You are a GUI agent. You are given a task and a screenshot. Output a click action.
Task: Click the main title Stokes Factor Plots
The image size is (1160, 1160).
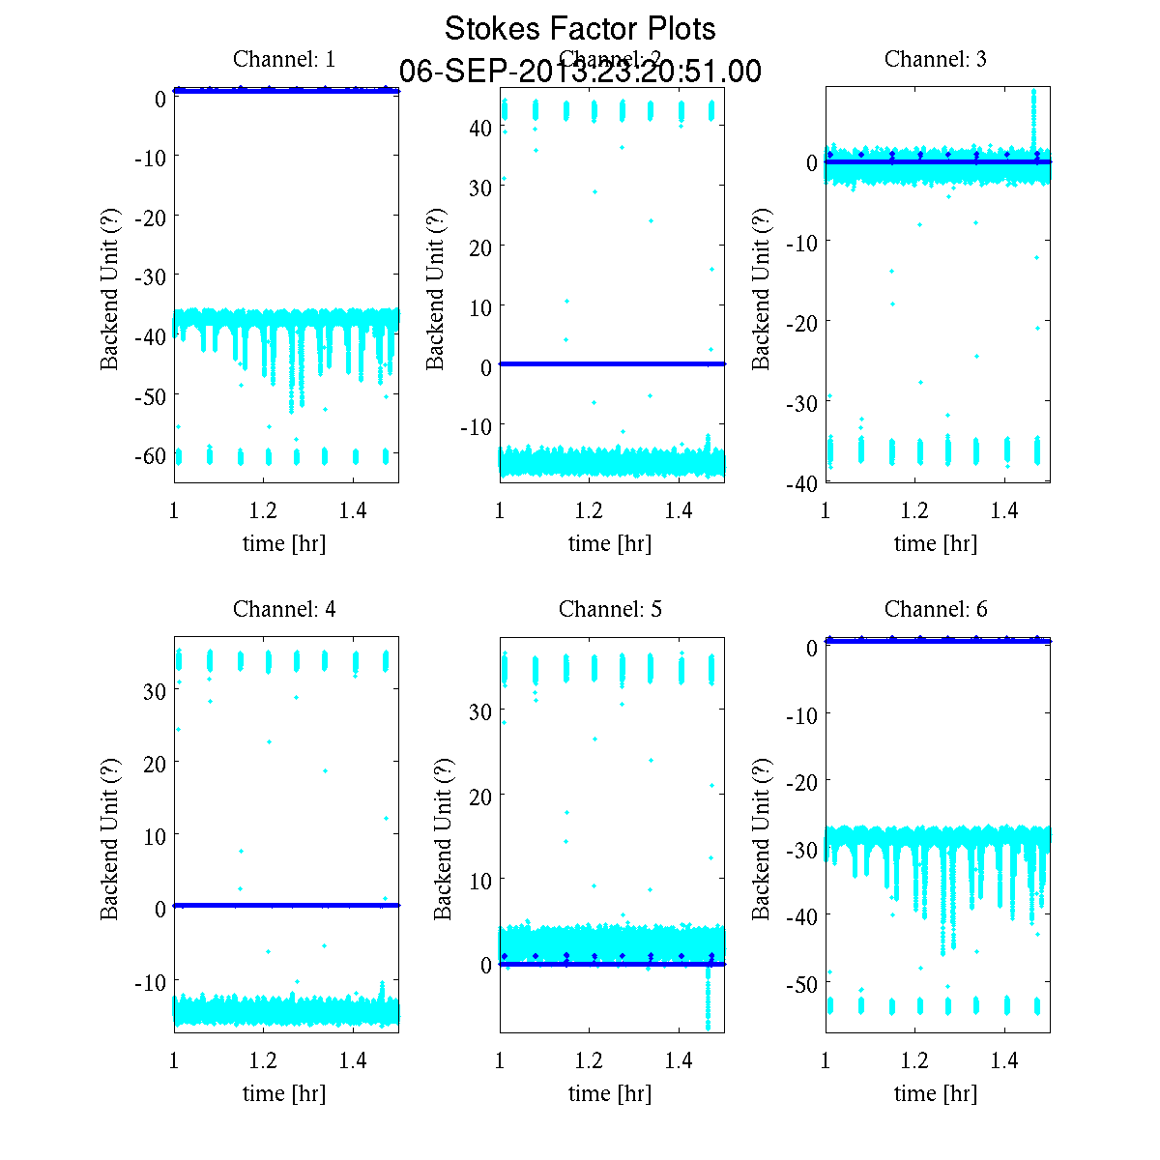(580, 29)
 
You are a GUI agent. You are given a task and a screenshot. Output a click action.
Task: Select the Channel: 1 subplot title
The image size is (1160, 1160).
(284, 59)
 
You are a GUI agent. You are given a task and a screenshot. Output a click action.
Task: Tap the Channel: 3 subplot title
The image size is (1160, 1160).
(936, 59)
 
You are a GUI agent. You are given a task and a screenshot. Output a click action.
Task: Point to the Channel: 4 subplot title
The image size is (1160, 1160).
(284, 609)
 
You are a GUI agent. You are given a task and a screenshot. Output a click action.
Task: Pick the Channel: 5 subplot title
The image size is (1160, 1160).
(610, 609)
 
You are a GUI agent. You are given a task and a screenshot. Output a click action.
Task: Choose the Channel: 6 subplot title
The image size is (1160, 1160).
(936, 609)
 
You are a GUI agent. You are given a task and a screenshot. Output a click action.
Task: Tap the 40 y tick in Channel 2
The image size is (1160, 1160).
(481, 128)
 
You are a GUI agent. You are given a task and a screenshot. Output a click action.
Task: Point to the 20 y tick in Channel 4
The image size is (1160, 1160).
(154, 763)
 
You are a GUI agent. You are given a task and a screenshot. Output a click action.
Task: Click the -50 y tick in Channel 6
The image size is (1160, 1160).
(799, 984)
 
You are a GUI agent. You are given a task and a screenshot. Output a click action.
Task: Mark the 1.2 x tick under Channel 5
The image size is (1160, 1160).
(589, 1060)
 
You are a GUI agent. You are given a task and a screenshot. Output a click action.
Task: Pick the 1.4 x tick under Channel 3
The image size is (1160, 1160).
(1004, 510)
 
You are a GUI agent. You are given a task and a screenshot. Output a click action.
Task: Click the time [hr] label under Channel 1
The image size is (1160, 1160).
(284, 543)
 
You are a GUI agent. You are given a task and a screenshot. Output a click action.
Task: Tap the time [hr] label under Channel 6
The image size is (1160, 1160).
(936, 1093)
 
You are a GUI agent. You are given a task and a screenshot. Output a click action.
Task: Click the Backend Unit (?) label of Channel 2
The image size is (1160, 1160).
(435, 287)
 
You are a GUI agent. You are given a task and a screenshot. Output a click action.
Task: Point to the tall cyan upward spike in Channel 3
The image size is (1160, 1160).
(1033, 116)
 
